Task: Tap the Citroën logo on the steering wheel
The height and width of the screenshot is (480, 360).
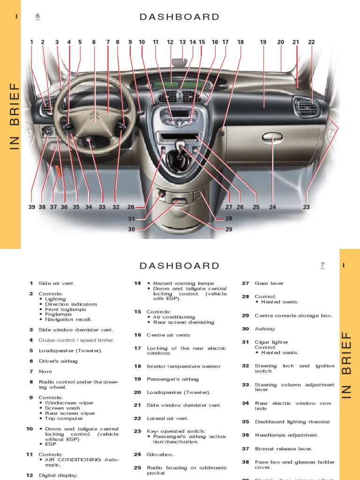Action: [x=94, y=116]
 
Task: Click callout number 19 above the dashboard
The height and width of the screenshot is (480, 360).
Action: [x=263, y=42]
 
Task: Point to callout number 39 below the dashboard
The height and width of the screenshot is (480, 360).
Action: [x=32, y=207]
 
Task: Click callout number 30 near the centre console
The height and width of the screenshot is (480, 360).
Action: [x=131, y=229]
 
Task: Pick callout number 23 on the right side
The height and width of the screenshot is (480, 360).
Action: [x=307, y=207]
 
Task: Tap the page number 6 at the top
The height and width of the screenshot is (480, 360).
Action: [x=38, y=17]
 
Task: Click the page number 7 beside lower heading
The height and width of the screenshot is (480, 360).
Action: [x=322, y=266]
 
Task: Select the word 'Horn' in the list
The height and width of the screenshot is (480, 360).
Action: [x=45, y=371]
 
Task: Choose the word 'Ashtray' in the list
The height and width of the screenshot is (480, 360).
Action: [x=265, y=329]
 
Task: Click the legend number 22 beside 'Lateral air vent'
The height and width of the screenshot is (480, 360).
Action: [x=137, y=418]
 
